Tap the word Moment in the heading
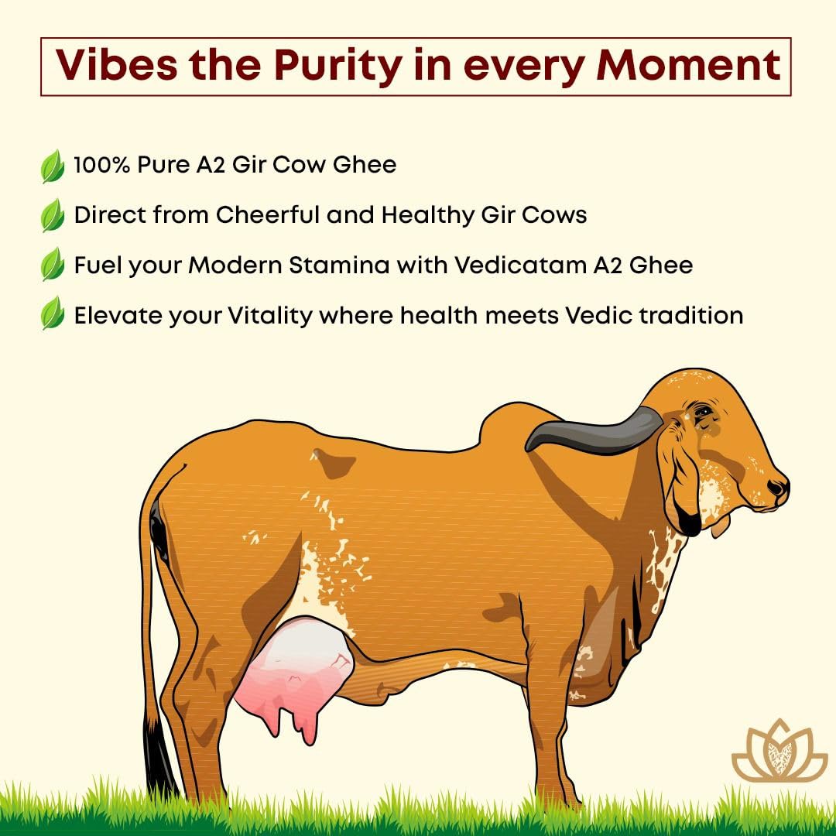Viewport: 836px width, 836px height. pos(688,65)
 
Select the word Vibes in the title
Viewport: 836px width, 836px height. pos(116,65)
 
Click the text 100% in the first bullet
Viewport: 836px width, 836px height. pos(102,165)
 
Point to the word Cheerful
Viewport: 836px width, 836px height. pos(268,215)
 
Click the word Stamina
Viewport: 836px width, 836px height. pos(338,265)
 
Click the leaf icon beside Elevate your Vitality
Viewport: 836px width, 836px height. pos(53,313)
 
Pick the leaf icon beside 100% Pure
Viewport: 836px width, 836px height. pos(53,166)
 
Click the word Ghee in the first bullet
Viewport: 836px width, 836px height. pos(365,165)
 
